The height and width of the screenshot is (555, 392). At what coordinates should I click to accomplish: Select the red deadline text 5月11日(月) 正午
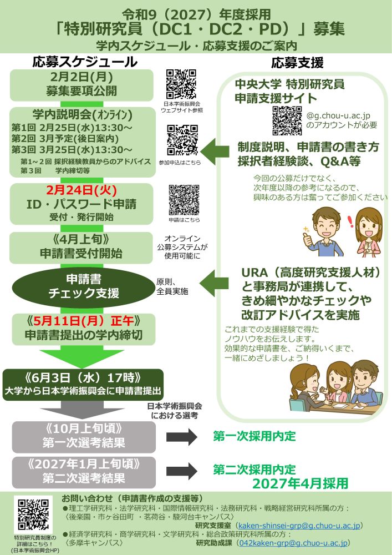[x=81, y=321]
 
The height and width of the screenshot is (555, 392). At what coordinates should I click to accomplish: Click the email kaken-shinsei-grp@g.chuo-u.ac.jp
[x=299, y=524]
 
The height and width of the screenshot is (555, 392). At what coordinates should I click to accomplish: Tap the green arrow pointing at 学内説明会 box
[x=217, y=149]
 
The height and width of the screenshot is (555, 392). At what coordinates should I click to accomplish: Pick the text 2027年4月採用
[x=300, y=483]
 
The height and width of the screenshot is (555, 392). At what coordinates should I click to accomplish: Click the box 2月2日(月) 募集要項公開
[x=82, y=85]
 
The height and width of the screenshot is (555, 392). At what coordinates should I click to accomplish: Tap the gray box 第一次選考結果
[x=82, y=436]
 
